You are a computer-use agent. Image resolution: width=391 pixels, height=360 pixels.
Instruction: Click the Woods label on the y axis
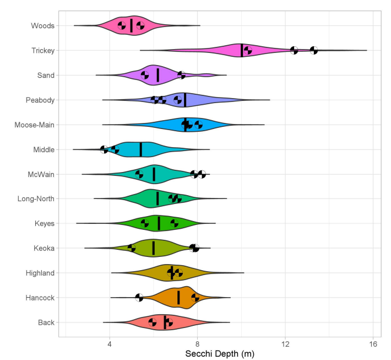coord(42,25)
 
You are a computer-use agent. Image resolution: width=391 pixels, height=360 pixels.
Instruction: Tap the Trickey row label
coord(42,50)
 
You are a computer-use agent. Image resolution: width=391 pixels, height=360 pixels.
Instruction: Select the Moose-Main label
coord(34,125)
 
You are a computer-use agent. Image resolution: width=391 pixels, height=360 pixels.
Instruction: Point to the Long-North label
coord(35,198)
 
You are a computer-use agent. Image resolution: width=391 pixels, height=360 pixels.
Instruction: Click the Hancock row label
coord(40,298)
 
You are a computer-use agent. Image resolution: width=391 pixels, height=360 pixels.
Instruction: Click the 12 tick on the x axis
coord(285,344)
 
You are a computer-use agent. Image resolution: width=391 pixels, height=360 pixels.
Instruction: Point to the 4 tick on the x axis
coord(110,344)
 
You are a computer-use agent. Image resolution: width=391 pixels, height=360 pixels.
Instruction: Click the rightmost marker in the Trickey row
coord(313,50)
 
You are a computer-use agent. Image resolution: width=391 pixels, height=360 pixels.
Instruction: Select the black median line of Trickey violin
coord(242,50)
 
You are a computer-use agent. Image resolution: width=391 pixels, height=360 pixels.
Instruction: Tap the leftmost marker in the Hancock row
coord(139,298)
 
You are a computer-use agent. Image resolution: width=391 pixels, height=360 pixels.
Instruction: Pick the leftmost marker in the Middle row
coord(104,149)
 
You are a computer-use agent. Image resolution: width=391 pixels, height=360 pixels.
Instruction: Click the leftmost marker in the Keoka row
coord(132,248)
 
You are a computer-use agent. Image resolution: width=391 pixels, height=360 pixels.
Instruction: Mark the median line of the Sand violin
coord(158,75)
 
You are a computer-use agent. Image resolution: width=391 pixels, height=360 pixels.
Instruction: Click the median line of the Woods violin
coord(131,25)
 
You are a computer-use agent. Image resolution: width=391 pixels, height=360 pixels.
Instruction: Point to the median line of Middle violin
coord(140,149)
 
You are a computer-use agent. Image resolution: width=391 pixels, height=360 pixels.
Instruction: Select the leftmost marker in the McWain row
coord(139,174)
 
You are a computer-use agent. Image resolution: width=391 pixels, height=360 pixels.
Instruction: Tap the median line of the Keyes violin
coord(159,223)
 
